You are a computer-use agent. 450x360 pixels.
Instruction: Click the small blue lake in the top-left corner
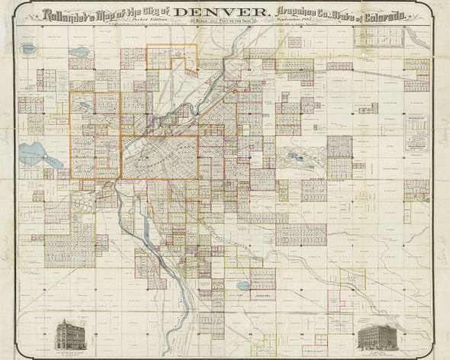click(x=30, y=49)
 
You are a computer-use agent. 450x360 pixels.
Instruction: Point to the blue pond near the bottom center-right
click(x=243, y=286)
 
